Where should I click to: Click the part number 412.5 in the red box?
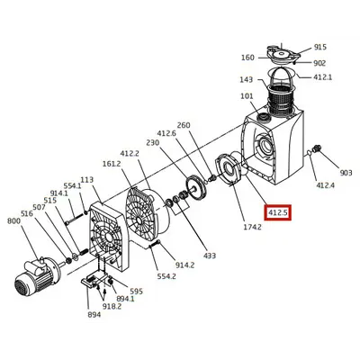(278, 212)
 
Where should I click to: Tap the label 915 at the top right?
(320, 47)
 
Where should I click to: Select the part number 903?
(346, 173)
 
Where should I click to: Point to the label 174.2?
(252, 227)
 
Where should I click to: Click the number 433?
(210, 256)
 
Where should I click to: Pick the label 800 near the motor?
(13, 221)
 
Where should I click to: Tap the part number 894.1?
(125, 299)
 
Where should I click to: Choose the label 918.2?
(112, 307)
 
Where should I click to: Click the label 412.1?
(323, 77)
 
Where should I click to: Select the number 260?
(184, 125)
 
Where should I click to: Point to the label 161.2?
(112, 164)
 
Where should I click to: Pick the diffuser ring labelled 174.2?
(228, 169)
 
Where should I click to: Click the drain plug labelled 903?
(317, 148)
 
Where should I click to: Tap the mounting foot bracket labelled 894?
(94, 280)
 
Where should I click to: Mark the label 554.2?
(166, 276)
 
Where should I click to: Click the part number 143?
(246, 79)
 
